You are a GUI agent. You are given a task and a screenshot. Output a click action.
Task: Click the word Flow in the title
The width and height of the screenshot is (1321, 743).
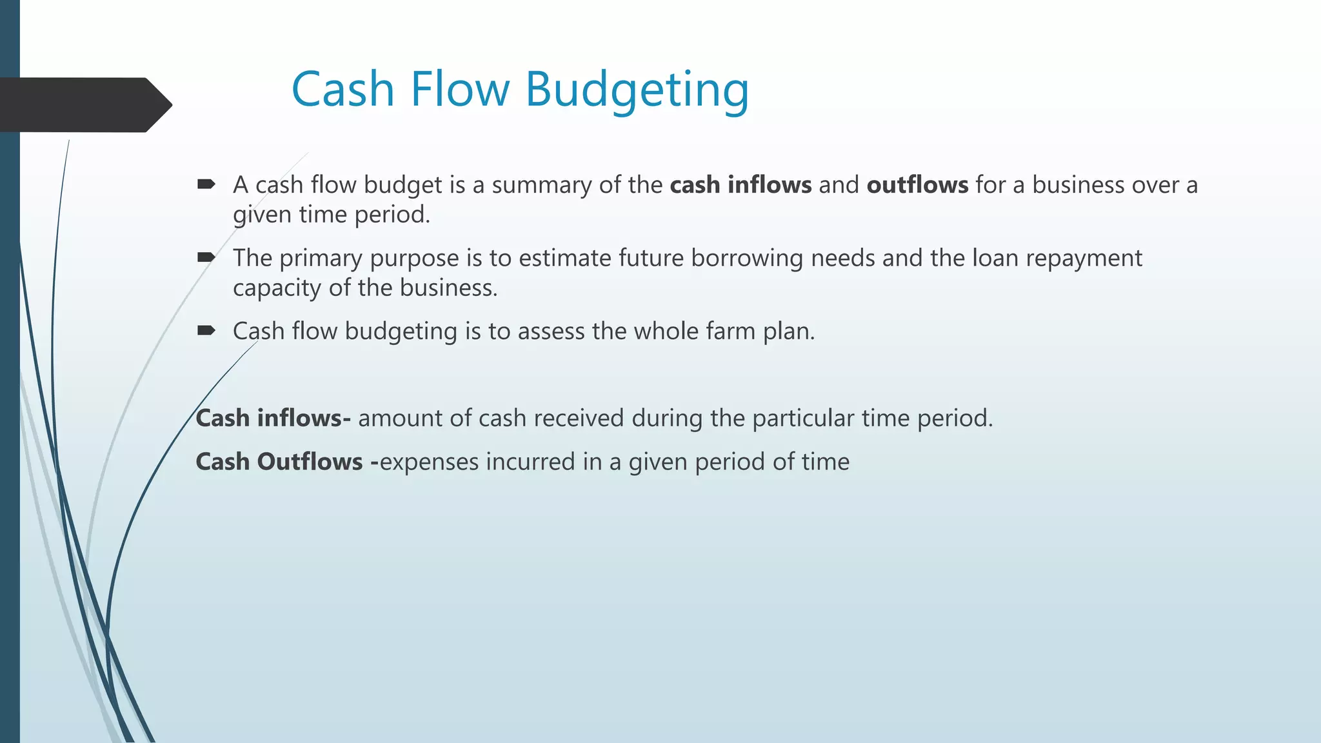coord(459,90)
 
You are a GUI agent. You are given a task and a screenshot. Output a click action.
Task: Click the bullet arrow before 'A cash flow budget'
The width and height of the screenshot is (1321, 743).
coord(206,184)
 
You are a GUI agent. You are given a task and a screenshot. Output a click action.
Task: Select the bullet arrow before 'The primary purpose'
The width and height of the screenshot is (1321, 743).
coord(206,258)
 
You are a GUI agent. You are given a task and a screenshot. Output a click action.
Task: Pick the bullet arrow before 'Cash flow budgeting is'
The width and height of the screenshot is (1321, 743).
coord(206,331)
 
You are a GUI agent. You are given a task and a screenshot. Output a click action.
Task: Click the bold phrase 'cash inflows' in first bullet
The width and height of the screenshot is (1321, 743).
coord(740,185)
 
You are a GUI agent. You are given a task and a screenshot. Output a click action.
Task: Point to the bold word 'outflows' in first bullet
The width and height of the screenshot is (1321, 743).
coord(917,185)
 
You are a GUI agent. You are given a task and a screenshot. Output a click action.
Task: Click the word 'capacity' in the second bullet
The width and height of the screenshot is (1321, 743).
coord(277,288)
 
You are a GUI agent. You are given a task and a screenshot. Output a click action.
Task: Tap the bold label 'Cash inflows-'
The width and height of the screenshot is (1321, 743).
coord(273,419)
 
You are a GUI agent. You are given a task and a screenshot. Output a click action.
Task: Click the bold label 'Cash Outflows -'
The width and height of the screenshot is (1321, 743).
coord(286,462)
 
